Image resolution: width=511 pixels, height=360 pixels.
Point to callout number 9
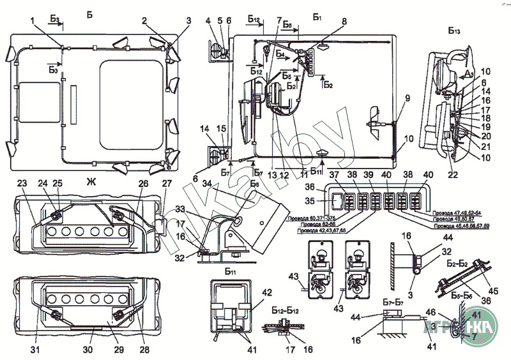(406, 98)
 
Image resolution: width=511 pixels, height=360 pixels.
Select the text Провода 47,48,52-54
(457, 212)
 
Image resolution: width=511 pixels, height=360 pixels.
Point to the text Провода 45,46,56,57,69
(462, 226)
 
